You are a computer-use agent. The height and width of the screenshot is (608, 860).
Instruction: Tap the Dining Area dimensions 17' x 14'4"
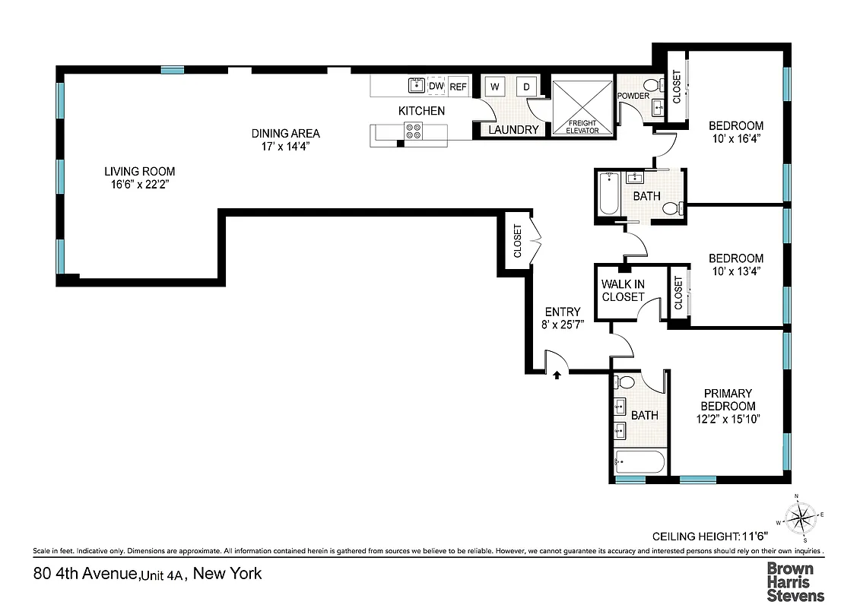[x=285, y=147]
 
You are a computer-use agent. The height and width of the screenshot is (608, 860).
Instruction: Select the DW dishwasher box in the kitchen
[x=436, y=87]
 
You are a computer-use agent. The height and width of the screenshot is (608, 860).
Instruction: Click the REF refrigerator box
[x=458, y=87]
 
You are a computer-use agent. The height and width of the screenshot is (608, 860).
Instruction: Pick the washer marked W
[x=493, y=87]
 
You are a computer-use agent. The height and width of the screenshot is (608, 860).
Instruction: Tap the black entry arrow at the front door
[x=557, y=374]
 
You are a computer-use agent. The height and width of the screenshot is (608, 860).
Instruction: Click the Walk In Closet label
[x=623, y=290]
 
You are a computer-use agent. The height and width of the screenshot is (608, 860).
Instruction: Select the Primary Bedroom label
[x=727, y=400]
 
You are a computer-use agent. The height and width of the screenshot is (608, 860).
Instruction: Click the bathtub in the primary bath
[x=639, y=461]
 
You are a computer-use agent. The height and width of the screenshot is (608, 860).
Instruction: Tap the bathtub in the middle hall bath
[x=607, y=195]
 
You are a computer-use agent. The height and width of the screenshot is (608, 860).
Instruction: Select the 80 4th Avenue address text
[x=148, y=573]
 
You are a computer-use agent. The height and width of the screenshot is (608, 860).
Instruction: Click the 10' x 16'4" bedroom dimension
[x=735, y=139]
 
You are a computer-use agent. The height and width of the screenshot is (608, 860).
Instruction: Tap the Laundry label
[x=513, y=130]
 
